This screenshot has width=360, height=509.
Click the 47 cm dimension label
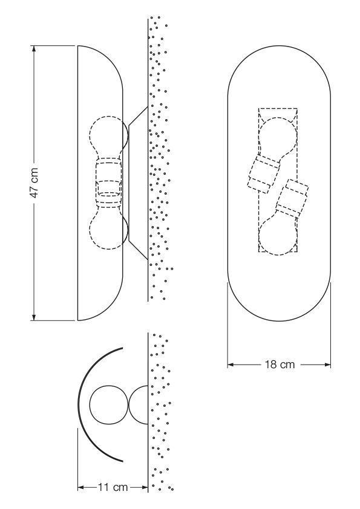coord(35,183)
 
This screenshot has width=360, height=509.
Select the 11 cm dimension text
coord(113,487)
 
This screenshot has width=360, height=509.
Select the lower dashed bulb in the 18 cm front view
coord(278,233)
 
